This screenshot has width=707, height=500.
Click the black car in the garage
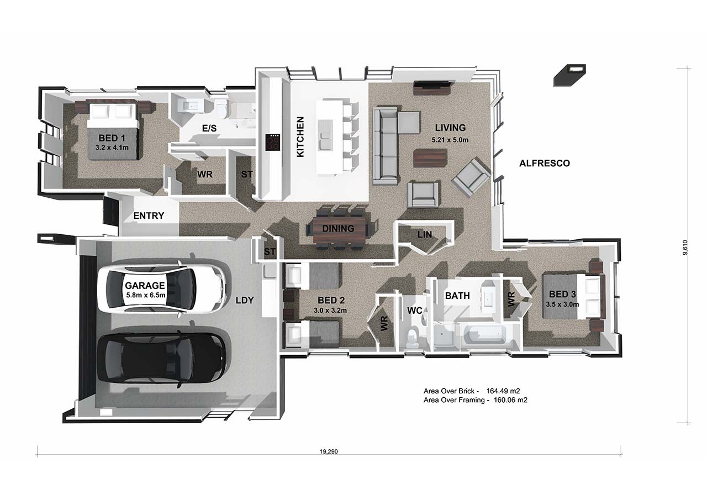pos(162,360)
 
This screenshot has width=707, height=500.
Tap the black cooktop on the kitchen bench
pos(273,143)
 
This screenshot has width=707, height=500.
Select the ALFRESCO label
pos(545,163)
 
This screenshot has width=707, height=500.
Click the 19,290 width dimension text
pos(329,452)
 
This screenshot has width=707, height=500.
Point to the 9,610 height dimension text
pos(684,248)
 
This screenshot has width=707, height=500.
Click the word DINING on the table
pos(338,229)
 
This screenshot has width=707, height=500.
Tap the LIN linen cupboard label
pos(425,235)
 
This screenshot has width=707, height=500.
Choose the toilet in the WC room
pos(412,338)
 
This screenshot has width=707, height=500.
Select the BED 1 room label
pos(112,138)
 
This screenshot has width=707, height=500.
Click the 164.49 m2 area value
pos(503,391)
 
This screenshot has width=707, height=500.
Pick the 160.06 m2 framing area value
pos(510,400)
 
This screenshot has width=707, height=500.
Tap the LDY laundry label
pos(245,300)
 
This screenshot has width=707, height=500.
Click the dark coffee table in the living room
pos(430,158)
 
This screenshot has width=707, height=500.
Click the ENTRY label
pos(149,216)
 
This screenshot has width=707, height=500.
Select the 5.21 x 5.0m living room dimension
pos(450,140)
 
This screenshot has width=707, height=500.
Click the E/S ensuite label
pos(209,128)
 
